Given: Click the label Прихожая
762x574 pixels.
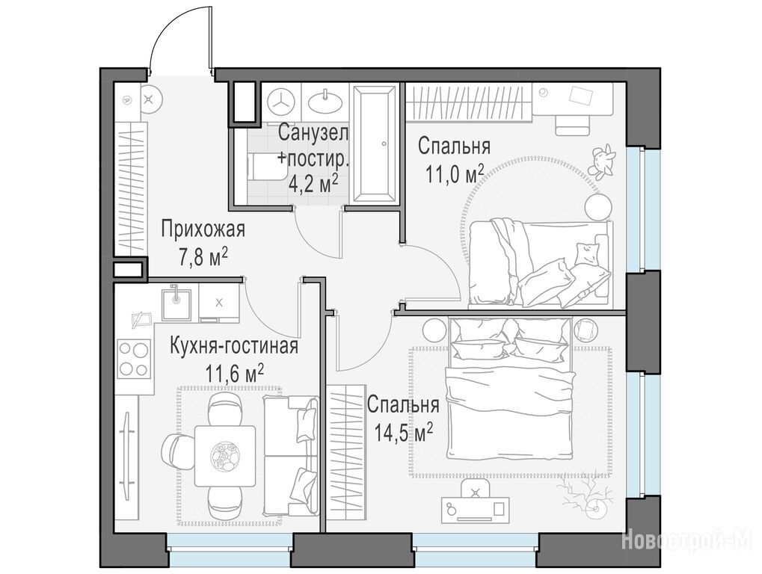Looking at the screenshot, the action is tap(203, 229).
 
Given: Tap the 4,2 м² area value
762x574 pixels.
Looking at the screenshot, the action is tap(313, 184).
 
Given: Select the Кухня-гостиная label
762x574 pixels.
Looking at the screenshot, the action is tap(234, 347).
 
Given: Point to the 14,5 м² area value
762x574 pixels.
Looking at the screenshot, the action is tap(404, 432).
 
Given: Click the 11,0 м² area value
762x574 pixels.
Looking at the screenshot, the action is tap(455, 174).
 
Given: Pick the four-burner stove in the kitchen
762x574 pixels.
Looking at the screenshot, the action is tap(134, 359).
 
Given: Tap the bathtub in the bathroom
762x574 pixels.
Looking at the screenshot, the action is tap(374, 144).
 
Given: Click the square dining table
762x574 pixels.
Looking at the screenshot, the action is tap(225, 456).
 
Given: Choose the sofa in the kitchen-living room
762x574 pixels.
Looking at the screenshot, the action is tap(291, 455).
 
